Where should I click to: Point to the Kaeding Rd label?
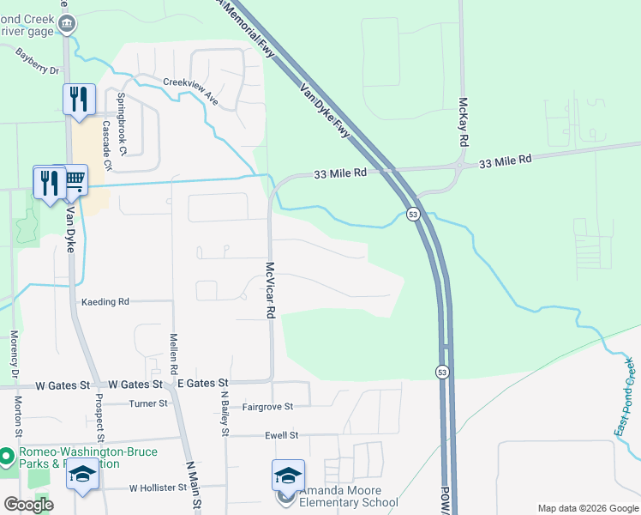105,302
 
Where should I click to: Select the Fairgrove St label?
267,406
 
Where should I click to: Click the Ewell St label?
281,436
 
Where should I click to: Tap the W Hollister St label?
158,488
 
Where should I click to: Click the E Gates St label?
201,384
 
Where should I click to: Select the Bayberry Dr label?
37,62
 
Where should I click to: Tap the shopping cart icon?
75,180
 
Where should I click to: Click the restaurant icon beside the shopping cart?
46,182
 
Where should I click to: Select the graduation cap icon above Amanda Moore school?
288,475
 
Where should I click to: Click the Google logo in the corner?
28,505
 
